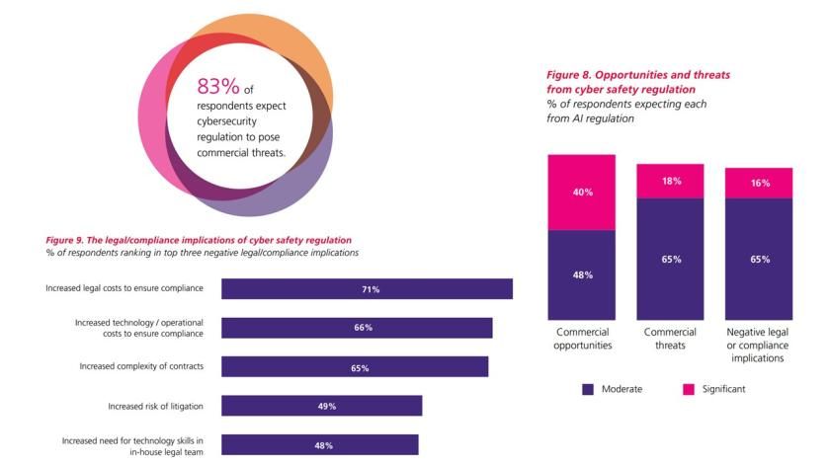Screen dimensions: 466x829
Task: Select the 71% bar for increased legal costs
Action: click(x=367, y=288)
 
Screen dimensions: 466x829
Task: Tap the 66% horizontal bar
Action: click(x=357, y=327)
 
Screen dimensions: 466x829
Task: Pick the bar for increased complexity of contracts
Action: click(x=355, y=366)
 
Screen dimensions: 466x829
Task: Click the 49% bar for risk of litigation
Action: click(x=321, y=406)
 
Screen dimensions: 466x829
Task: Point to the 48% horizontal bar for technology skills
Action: click(x=319, y=444)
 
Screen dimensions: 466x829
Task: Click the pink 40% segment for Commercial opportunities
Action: click(x=582, y=193)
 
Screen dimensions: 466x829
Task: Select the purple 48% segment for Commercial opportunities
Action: click(x=582, y=274)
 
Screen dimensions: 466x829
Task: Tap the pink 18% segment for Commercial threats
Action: click(x=671, y=181)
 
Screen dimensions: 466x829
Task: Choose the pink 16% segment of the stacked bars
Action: click(x=759, y=183)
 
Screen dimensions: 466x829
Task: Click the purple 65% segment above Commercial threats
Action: click(x=671, y=259)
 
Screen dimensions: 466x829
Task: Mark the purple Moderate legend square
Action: click(x=589, y=389)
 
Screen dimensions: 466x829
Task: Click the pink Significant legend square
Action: click(x=689, y=389)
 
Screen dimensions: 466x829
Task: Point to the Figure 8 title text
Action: click(x=638, y=82)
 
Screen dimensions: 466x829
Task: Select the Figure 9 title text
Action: click(x=199, y=240)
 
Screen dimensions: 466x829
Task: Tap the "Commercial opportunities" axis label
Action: click(x=582, y=339)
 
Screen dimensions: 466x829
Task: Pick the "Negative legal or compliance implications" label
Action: click(x=759, y=345)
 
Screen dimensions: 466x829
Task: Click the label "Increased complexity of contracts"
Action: click(x=141, y=366)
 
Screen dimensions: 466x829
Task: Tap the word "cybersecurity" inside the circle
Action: click(x=225, y=119)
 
